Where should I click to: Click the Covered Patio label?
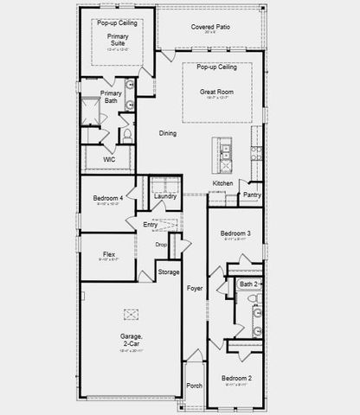click(209, 27)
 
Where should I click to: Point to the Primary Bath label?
click(110, 97)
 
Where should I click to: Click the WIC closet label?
click(109, 159)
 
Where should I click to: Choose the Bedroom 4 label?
click(108, 199)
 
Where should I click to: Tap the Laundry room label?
click(164, 196)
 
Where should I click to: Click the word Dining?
click(168, 132)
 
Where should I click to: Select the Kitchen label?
click(222, 183)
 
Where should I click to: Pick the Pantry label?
click(252, 195)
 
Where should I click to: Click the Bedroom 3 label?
click(235, 233)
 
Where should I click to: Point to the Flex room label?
click(107, 254)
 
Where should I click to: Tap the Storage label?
click(169, 272)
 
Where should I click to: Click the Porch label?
click(194, 386)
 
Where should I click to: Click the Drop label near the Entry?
click(161, 245)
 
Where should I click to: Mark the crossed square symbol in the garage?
click(132, 315)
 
